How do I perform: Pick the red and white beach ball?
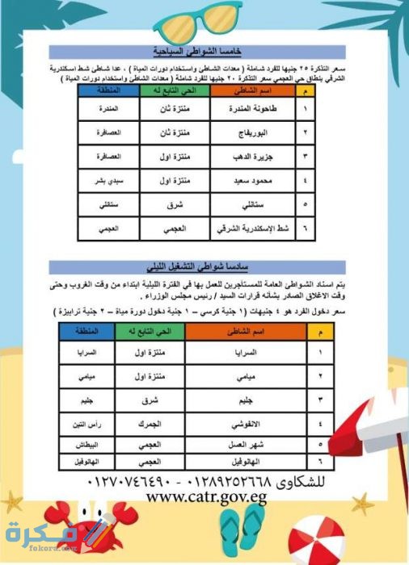(x=315, y=541)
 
